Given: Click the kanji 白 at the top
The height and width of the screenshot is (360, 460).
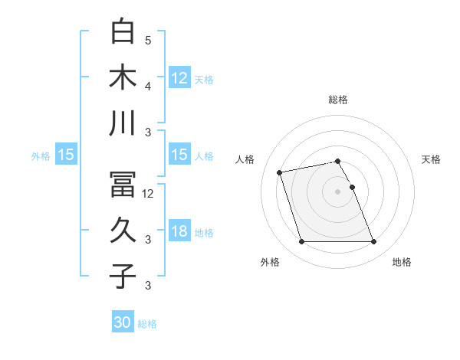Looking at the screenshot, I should (123, 32).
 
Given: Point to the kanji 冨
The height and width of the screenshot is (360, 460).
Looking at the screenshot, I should (123, 184).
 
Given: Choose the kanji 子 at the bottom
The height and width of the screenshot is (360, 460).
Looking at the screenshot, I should (123, 276).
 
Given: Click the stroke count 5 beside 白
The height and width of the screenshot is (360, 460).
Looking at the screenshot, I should (148, 40).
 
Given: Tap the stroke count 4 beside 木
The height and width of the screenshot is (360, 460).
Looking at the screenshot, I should (148, 86).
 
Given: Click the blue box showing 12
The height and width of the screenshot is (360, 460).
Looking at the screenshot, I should (179, 77).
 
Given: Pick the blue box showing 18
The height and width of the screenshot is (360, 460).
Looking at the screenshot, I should (179, 231).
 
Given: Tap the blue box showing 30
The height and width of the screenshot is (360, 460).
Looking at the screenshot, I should (123, 322).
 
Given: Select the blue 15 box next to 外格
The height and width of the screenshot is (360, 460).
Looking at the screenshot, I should (66, 155).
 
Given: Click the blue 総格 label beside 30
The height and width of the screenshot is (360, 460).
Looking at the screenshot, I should (147, 324).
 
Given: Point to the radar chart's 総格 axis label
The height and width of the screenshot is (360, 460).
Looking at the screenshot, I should (338, 100).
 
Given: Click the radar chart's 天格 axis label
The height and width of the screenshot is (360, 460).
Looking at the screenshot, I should (432, 159).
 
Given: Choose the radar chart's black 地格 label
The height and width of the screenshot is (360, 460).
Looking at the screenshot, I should (402, 262).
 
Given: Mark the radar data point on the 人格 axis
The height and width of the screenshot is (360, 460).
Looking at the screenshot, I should (280, 172).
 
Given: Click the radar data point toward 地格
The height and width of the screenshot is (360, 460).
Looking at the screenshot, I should (373, 242).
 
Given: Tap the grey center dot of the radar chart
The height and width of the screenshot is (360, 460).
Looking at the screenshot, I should (338, 191).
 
